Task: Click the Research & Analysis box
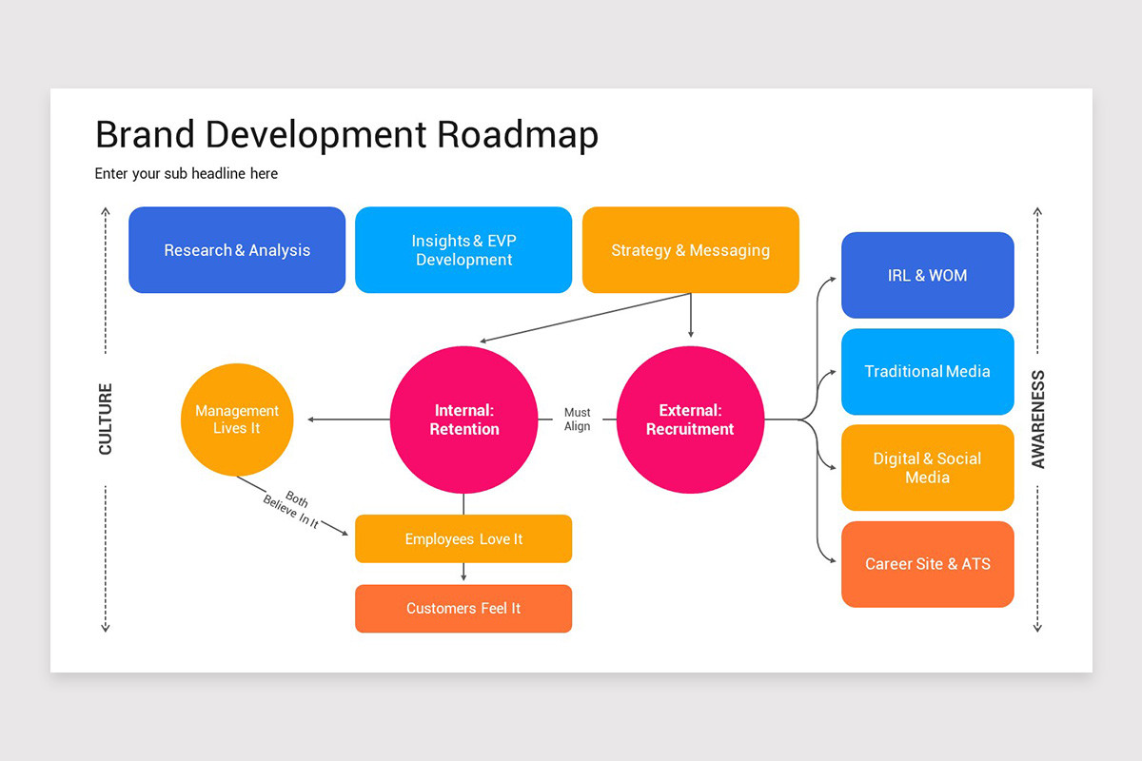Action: [237, 250]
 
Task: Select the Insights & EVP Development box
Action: [463, 250]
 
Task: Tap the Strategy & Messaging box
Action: [691, 250]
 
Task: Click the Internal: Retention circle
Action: [464, 420]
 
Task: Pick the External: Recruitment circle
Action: [690, 420]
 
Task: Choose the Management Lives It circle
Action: [237, 420]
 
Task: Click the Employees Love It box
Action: [463, 538]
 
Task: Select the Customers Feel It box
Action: [463, 609]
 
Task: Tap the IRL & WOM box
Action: [928, 275]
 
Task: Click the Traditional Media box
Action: [928, 372]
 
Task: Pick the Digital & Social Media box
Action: [928, 468]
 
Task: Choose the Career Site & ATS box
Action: [928, 564]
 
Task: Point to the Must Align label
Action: [577, 419]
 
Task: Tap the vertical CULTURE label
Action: [105, 419]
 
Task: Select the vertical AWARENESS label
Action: [1037, 419]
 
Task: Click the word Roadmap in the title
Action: [518, 135]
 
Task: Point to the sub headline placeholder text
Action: [187, 174]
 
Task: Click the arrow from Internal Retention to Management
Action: [348, 420]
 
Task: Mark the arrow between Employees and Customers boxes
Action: [463, 572]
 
